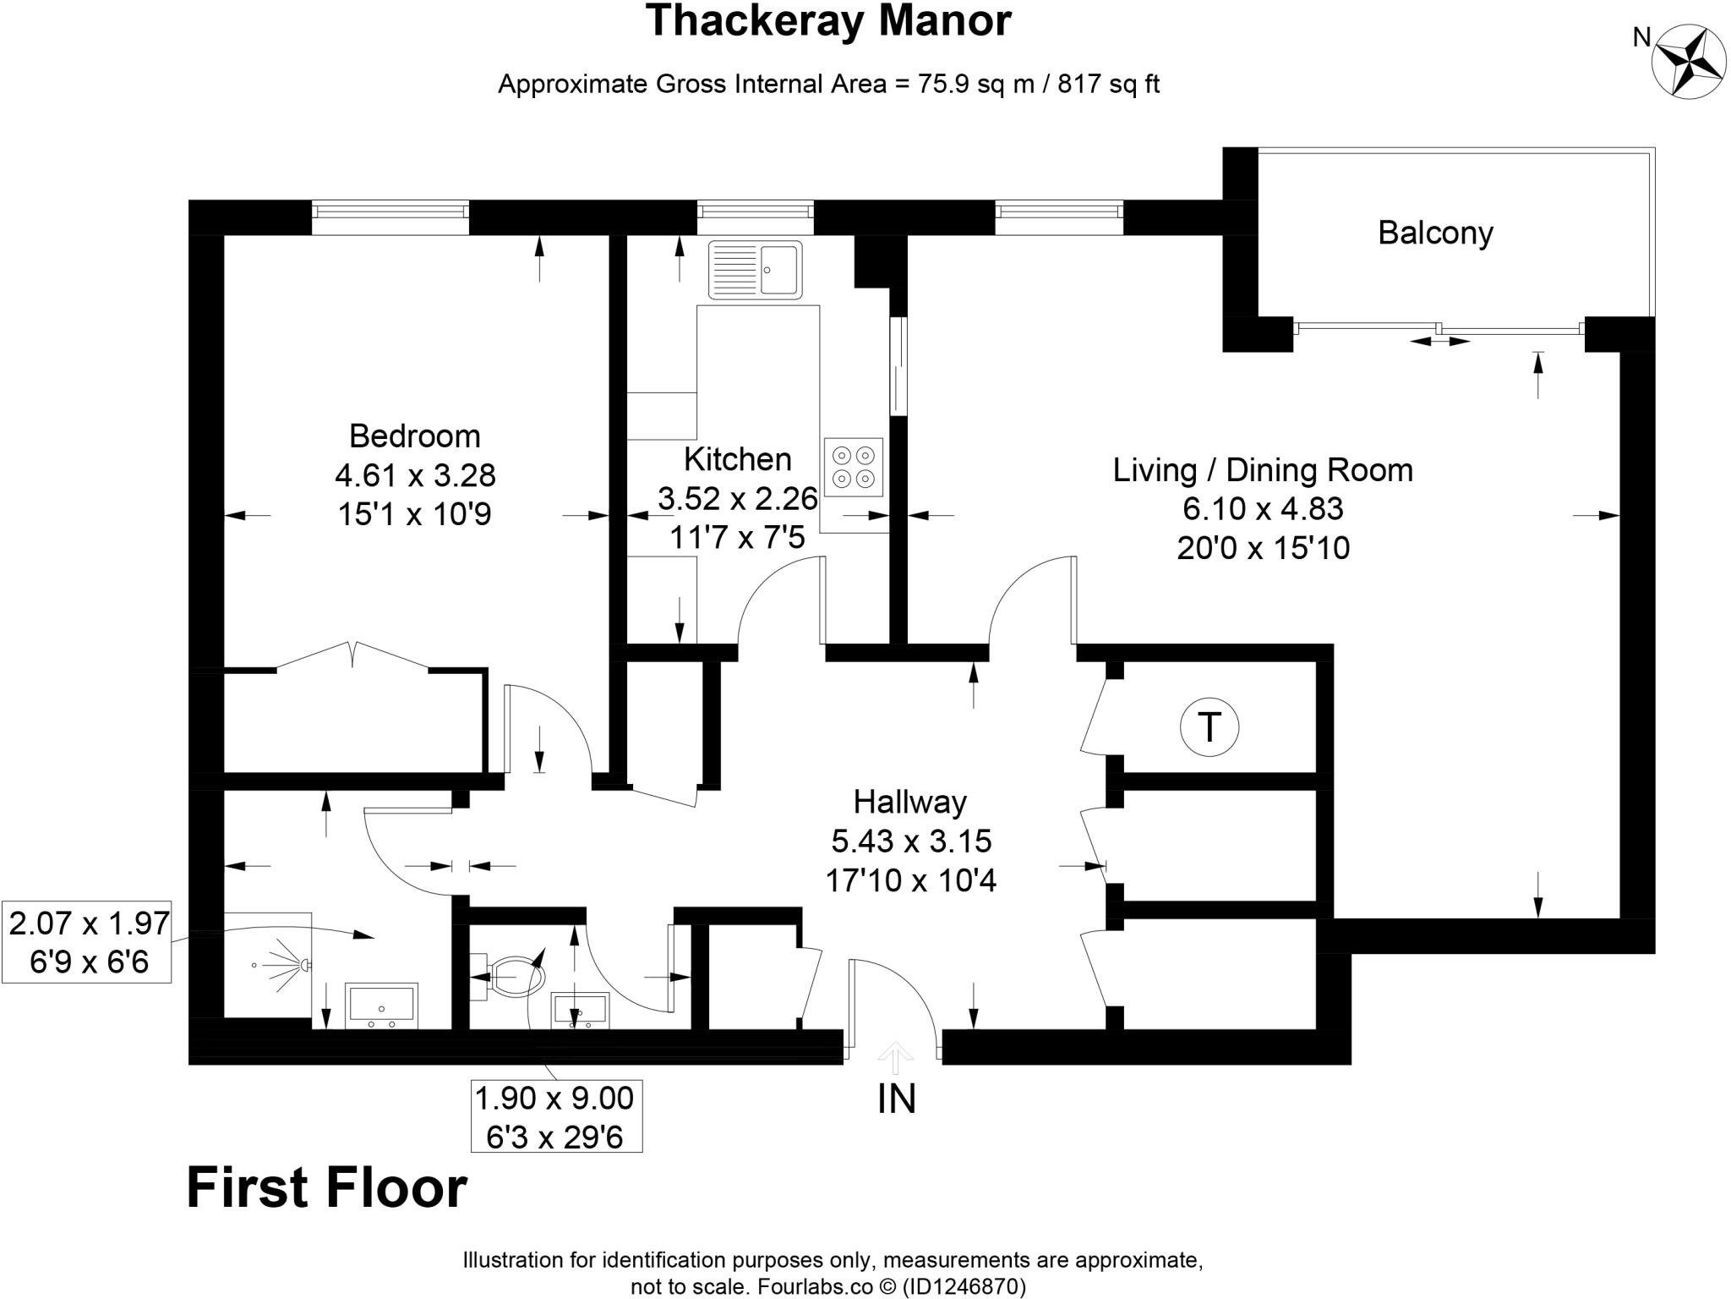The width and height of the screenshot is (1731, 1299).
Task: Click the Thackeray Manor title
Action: pyautogui.click(x=827, y=21)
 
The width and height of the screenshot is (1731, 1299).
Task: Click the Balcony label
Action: pyautogui.click(x=1435, y=233)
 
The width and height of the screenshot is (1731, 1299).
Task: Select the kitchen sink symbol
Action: pyautogui.click(x=755, y=270)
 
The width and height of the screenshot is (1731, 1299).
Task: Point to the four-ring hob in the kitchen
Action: pyautogui.click(x=853, y=467)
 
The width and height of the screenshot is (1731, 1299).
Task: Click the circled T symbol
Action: pyautogui.click(x=1209, y=726)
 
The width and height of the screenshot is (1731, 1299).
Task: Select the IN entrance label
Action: pyautogui.click(x=897, y=1099)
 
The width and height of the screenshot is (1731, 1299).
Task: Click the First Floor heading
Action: pyautogui.click(x=326, y=1187)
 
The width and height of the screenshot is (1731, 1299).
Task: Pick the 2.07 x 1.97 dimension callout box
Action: pyautogui.click(x=88, y=942)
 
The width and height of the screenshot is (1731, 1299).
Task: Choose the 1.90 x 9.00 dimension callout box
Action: pyautogui.click(x=555, y=1116)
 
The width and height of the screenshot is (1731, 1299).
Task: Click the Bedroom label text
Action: pyautogui.click(x=414, y=436)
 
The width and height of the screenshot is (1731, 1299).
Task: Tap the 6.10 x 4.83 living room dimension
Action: pyautogui.click(x=1263, y=508)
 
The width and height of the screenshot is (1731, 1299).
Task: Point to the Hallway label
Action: pyautogui.click(x=909, y=802)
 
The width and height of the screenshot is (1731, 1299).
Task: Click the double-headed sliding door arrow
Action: pyautogui.click(x=1440, y=342)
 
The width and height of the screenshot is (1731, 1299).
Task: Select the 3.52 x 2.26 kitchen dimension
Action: pyautogui.click(x=737, y=498)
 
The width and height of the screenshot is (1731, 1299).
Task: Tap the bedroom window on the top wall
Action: pyautogui.click(x=390, y=217)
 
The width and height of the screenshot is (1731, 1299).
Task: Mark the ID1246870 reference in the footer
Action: pyautogui.click(x=964, y=1287)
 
